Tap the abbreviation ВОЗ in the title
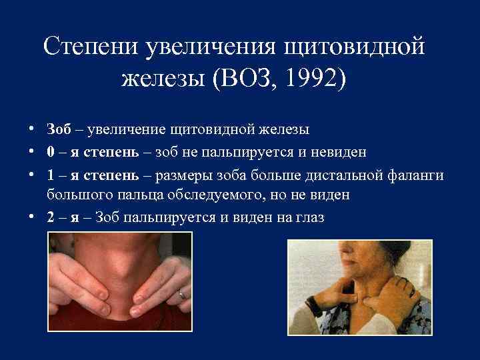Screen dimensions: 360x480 [255, 79]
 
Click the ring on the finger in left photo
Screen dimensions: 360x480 [181, 293]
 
